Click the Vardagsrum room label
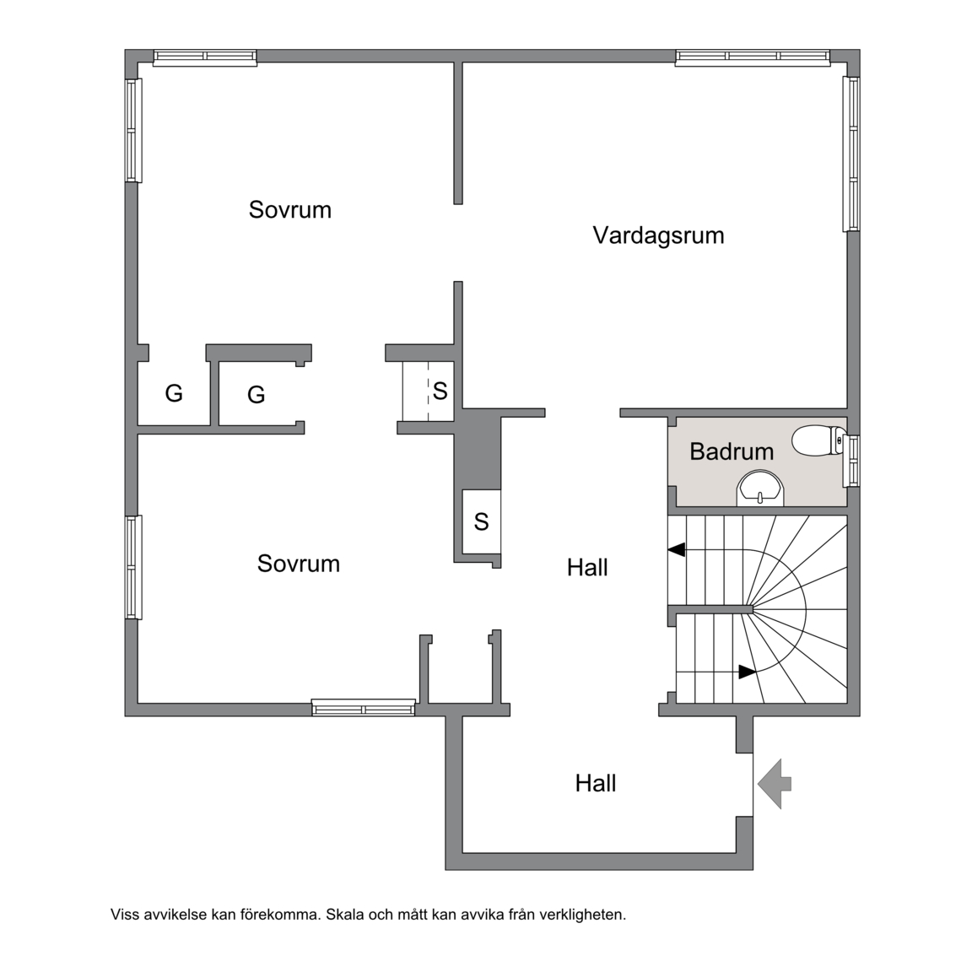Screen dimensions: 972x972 click(658, 235)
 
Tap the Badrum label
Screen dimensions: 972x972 click(732, 451)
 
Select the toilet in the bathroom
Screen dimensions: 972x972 click(819, 440)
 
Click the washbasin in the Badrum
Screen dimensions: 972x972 click(760, 489)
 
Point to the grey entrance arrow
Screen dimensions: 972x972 click(775, 784)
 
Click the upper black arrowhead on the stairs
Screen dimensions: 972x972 click(677, 549)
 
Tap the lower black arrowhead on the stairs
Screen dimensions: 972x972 click(747, 672)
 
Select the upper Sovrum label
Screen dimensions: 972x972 click(290, 209)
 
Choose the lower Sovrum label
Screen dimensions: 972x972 click(298, 564)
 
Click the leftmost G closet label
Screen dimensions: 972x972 click(174, 393)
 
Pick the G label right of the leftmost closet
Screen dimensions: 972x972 click(256, 394)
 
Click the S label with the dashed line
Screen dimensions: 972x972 click(440, 391)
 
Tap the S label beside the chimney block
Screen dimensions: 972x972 click(481, 522)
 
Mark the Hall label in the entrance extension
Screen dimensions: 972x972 click(596, 784)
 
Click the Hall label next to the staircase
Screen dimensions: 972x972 click(587, 567)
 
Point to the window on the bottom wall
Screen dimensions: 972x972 click(364, 707)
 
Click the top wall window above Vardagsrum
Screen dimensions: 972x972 click(753, 57)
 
